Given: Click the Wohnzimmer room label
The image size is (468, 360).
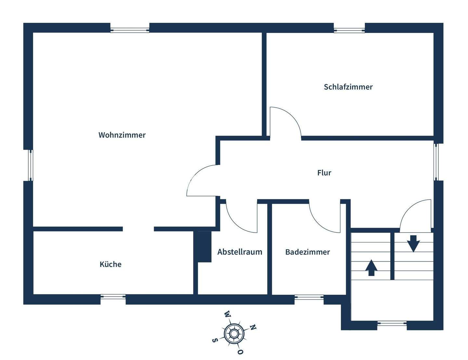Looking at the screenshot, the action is [x=122, y=135].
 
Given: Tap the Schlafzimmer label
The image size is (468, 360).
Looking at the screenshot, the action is [x=348, y=87].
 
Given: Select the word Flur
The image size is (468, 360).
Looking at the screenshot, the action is [x=324, y=173].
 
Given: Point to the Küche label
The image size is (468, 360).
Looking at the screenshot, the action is [x=110, y=264].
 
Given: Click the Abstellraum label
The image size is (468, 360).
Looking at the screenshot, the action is [x=240, y=252].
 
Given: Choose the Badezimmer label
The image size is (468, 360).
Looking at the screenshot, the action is [x=307, y=252].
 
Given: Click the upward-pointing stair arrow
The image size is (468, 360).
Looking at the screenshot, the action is [x=371, y=268].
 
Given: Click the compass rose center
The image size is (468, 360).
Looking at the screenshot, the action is [x=234, y=333].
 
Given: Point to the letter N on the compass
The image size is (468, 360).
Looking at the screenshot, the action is [x=253, y=327].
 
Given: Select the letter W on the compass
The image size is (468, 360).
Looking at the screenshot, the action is [x=227, y=314].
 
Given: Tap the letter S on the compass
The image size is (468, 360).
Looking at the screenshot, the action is [x=214, y=340].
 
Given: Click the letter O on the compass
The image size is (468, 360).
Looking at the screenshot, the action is [x=240, y=352].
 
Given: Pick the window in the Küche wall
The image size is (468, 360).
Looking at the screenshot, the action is [x=113, y=296].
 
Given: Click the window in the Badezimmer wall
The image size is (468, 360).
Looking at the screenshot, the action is [x=309, y=297].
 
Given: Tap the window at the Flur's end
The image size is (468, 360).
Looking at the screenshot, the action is [x=437, y=162].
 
